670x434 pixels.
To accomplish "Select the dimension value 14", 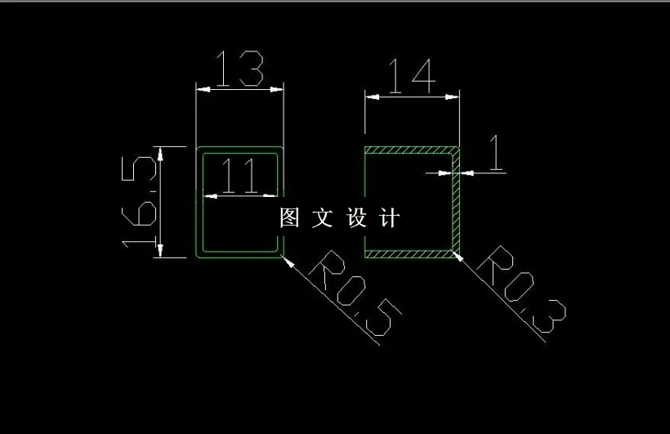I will tap(411, 76).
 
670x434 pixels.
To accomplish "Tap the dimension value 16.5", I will tap(139, 202).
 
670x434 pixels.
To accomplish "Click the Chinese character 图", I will tap(290, 218).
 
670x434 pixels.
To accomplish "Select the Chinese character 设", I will tap(359, 218).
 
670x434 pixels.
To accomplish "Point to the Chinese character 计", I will tap(391, 218).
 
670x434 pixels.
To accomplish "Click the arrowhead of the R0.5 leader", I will tap(285, 258).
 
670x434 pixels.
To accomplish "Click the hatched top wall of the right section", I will tap(409, 150).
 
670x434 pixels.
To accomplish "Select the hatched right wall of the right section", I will tap(456, 204).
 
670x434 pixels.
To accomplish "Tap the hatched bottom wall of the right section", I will tap(409, 254).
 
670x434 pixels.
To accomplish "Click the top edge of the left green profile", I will tap(239, 148).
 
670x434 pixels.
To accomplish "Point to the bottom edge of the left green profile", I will tap(239, 256).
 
